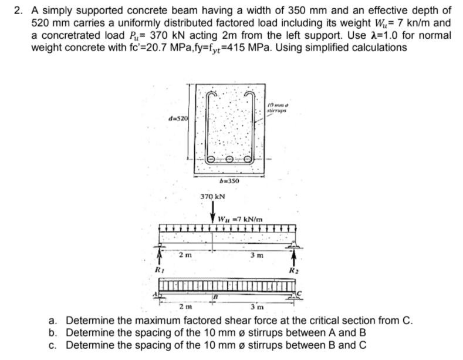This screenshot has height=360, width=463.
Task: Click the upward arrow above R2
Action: pos(293,256)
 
